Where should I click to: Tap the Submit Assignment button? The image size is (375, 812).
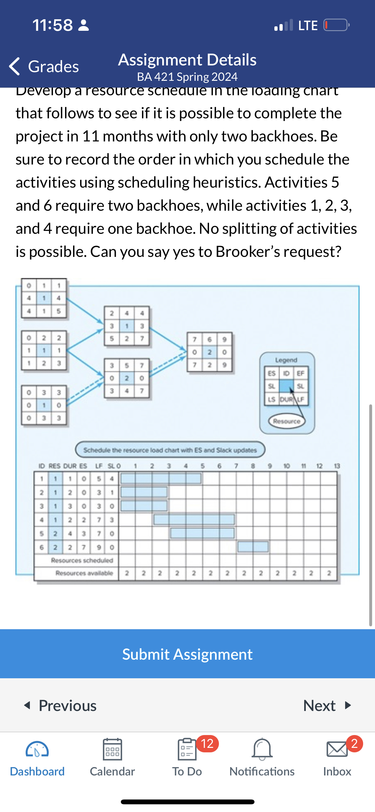click(188, 654)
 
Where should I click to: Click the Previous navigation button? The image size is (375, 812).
click(61, 706)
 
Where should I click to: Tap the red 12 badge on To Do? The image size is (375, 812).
click(207, 744)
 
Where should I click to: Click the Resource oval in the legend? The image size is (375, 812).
click(287, 421)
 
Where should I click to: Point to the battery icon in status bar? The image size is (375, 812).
click(336, 25)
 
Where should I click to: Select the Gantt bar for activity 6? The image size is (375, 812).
click(253, 547)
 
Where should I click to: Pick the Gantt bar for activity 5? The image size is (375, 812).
click(202, 533)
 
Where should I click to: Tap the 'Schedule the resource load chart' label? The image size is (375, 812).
click(170, 450)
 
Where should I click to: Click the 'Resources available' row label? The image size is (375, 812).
click(84, 573)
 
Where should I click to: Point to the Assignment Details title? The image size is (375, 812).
click(187, 60)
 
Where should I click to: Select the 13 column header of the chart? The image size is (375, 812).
click(337, 466)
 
